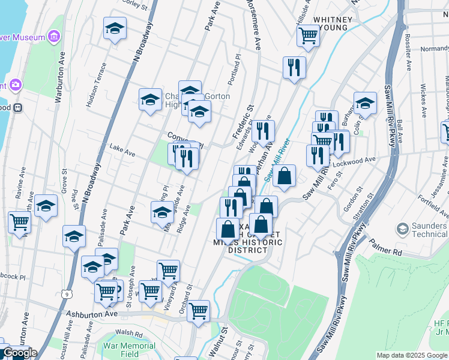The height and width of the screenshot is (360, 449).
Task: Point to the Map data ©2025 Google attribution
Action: tap(412, 355)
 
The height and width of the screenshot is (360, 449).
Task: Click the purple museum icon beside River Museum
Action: tap(54, 37)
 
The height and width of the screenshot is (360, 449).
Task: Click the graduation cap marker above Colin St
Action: tap(364, 103)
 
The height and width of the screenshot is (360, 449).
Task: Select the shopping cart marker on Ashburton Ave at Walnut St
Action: tap(198, 310)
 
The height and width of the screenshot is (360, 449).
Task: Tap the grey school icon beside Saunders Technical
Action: tap(403, 229)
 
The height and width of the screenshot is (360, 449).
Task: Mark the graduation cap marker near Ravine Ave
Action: tap(46, 206)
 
